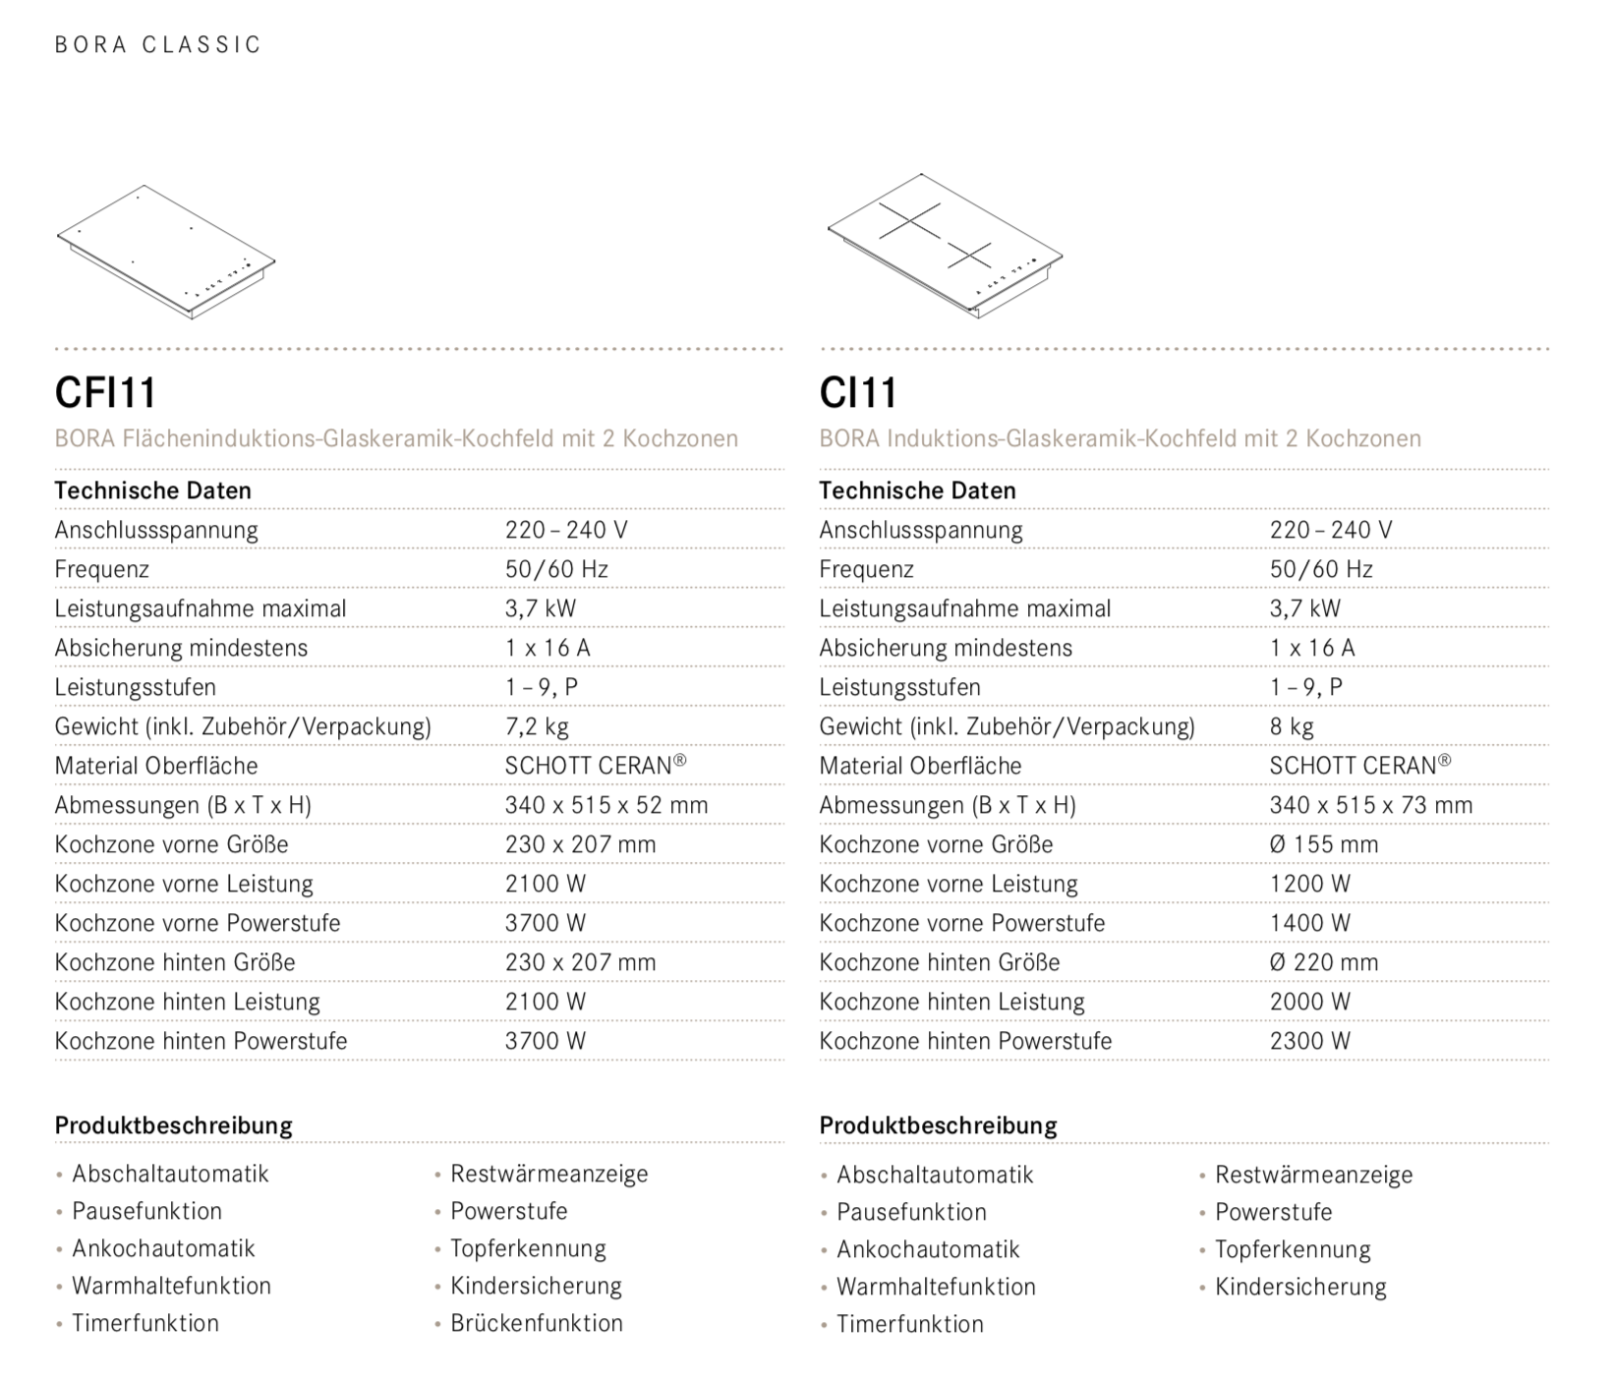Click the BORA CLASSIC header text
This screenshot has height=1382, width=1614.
pos(158,45)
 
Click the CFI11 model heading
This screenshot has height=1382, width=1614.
pos(106,393)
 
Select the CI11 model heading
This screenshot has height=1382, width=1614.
pos(858,393)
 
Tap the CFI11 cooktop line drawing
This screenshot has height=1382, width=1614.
pos(166,252)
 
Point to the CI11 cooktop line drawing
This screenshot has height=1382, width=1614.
pos(945,246)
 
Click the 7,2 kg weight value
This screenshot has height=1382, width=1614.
pos(537,726)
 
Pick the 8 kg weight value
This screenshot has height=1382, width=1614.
pos(1292,726)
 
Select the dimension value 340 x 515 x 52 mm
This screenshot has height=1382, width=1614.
pos(606,805)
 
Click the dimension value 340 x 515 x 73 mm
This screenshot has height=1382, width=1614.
pos(1371,805)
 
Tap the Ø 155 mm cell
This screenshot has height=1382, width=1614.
pos(1324,844)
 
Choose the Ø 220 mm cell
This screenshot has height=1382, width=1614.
pos(1324,962)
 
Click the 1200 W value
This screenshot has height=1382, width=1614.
pos(1310,884)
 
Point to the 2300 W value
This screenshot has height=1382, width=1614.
pos(1310,1041)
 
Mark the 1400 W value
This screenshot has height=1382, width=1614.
pos(1310,923)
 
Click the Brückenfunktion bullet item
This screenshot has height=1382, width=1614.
pos(537,1323)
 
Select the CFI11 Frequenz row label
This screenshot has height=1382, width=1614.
pos(102,569)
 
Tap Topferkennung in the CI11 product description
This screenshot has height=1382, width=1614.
pos(1293,1249)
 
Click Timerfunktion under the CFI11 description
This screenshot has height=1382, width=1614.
pos(145,1323)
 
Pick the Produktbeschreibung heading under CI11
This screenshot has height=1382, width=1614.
pos(938,1125)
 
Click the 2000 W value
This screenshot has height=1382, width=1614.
pos(1310,1002)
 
